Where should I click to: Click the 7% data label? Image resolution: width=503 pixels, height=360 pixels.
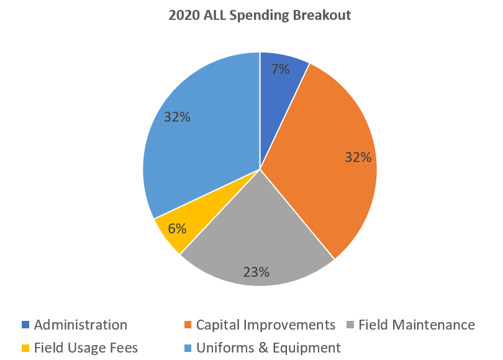[280, 70]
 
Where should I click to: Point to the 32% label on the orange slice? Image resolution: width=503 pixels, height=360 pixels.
[358, 158]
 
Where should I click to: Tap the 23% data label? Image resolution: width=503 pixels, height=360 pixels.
[256, 272]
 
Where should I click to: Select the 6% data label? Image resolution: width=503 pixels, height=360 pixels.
[177, 228]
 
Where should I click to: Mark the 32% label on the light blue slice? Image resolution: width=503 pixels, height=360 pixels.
[177, 117]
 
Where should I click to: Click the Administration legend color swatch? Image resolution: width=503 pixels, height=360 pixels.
[25, 325]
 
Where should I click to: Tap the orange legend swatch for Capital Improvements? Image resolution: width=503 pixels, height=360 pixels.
[188, 325]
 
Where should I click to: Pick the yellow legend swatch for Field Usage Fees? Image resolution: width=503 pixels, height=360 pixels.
[25, 348]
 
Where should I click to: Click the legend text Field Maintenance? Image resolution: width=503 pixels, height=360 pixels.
[417, 325]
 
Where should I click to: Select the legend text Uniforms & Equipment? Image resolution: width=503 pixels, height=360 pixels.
[268, 348]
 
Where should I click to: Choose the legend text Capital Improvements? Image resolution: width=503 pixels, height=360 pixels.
[266, 325]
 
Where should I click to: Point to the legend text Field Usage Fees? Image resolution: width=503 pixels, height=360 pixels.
[86, 348]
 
